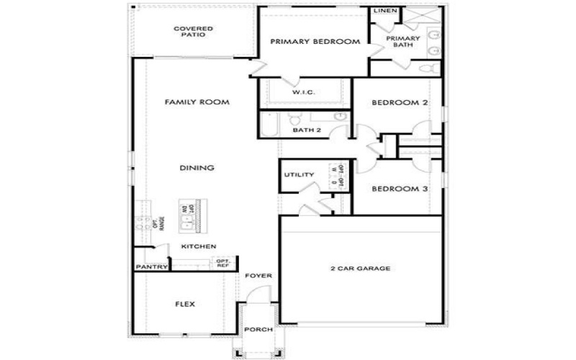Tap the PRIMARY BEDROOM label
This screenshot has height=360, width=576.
coord(315,42)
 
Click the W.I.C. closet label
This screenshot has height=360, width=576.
coord(305,93)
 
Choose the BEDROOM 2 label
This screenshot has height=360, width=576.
coord(400,103)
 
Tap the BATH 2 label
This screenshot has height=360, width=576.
coord(307,130)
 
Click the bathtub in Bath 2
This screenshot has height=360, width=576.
coord(269,124)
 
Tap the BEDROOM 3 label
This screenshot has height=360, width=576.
coord(400,189)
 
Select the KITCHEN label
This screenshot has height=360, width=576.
coord(199,246)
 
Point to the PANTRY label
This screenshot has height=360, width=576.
coord(151,267)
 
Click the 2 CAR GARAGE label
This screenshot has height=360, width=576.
coord(360,269)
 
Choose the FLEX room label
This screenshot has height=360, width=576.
coord(185,304)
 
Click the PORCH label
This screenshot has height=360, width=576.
coord(258,329)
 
